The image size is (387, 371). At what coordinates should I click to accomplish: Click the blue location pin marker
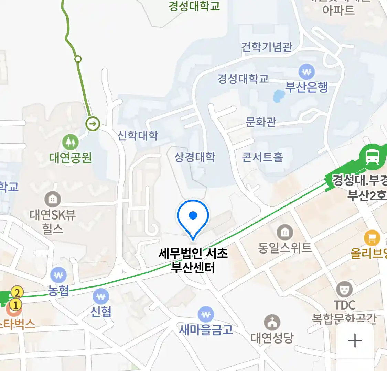pyautogui.click(x=193, y=216)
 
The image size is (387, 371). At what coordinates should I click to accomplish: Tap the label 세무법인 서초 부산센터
pyautogui.click(x=193, y=260)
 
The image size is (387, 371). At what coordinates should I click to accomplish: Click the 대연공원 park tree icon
pyautogui.click(x=70, y=142)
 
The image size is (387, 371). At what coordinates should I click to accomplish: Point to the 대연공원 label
pyautogui.click(x=70, y=158)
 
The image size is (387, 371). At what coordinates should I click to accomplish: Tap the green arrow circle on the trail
pyautogui.click(x=93, y=123)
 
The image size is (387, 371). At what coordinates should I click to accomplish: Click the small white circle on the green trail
pyautogui.click(x=78, y=59)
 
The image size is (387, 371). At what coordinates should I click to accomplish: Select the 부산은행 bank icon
pyautogui.click(x=307, y=72)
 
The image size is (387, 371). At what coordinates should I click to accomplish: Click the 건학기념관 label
pyautogui.click(x=267, y=47)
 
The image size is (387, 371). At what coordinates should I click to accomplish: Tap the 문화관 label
pyautogui.click(x=261, y=122)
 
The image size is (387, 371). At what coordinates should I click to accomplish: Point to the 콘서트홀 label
pyautogui.click(x=262, y=157)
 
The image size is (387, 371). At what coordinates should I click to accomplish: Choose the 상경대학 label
pyautogui.click(x=195, y=157)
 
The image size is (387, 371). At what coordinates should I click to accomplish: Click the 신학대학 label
pyautogui.click(x=138, y=135)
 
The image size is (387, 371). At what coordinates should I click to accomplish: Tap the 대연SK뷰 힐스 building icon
pyautogui.click(x=52, y=199)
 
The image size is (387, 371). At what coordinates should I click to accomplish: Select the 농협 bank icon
pyautogui.click(x=58, y=276)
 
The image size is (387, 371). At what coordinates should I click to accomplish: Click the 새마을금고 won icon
pyautogui.click(x=206, y=314)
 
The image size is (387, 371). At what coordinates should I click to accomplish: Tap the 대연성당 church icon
pyautogui.click(x=272, y=323)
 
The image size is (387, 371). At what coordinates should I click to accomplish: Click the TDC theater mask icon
pyautogui.click(x=344, y=290)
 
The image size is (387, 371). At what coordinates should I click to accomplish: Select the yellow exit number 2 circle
pyautogui.click(x=17, y=293)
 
